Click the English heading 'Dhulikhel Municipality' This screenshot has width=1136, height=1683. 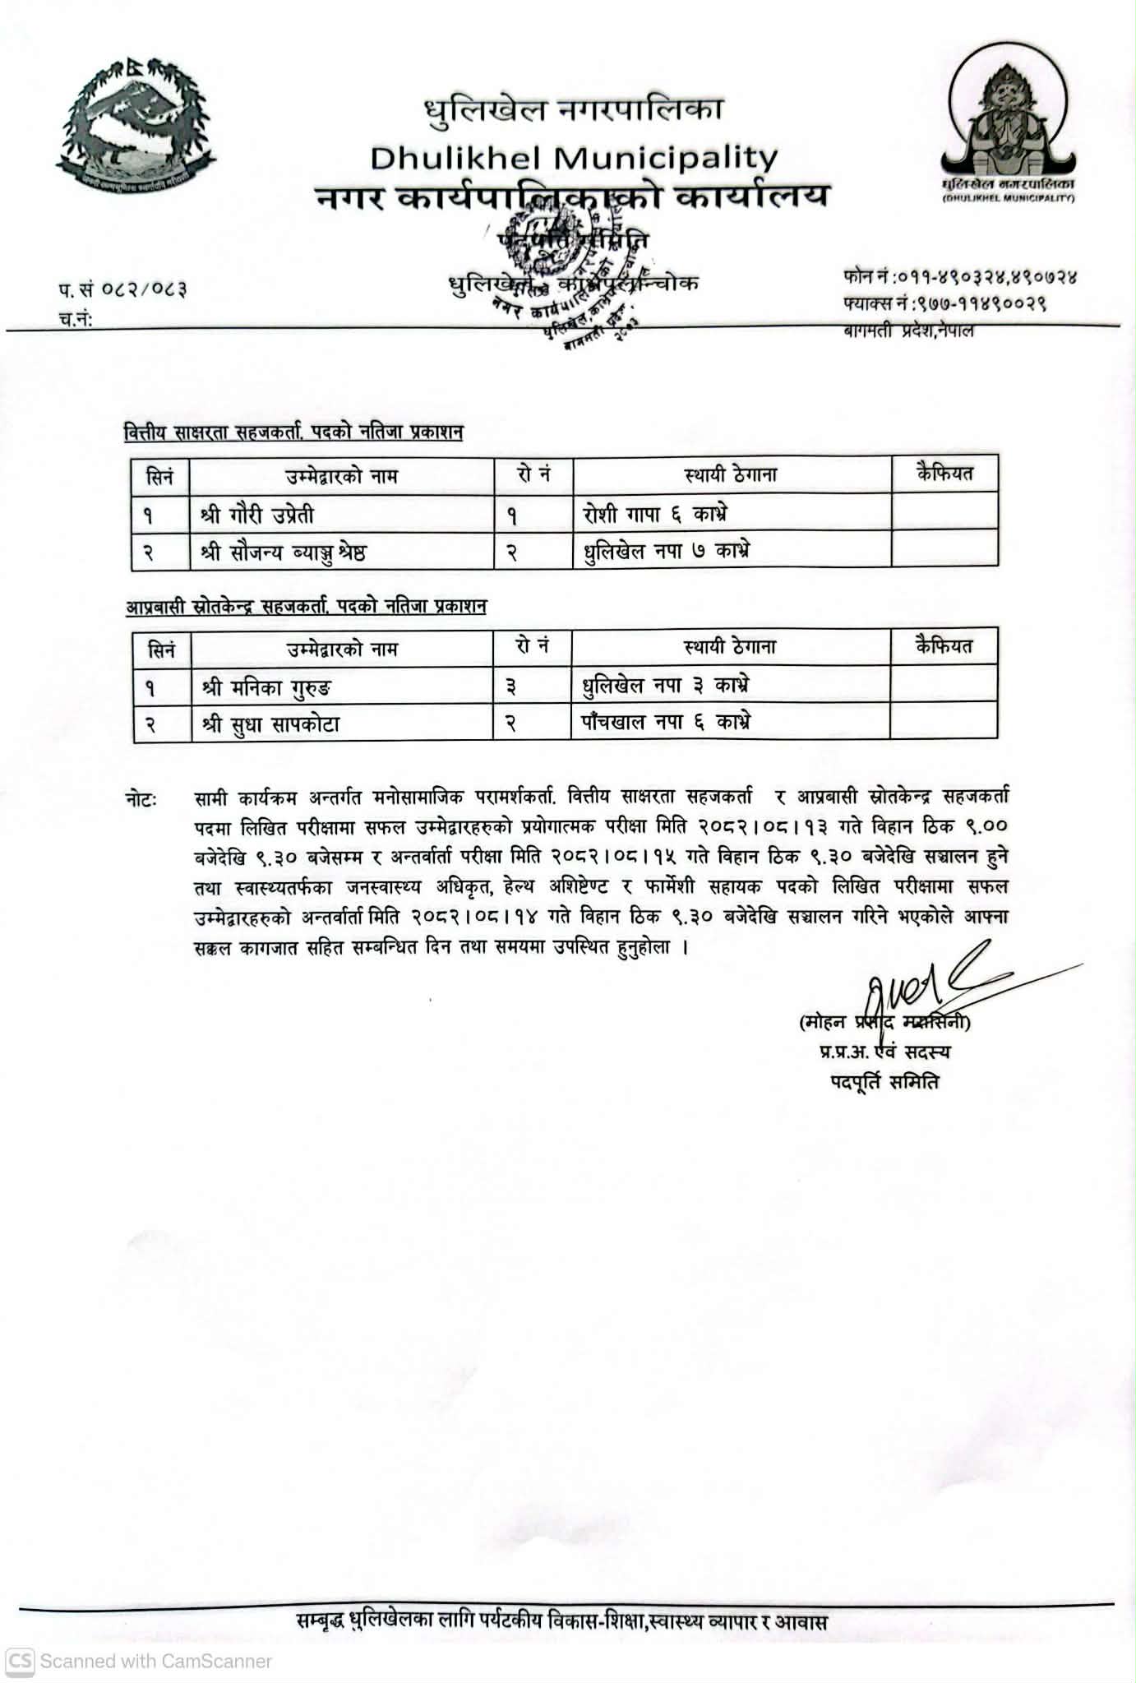(573, 156)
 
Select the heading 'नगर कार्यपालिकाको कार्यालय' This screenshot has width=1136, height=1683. (573, 197)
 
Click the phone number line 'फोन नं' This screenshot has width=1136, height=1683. (959, 277)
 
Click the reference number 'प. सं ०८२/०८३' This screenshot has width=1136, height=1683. (122, 289)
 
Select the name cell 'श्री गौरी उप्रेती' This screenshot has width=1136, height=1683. (257, 516)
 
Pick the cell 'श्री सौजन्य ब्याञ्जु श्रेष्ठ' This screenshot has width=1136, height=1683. (284, 552)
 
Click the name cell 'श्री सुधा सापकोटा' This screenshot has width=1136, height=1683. (270, 724)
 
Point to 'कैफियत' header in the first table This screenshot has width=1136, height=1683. (944, 474)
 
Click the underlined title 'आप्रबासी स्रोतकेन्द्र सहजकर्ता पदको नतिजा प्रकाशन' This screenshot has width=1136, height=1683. (306, 607)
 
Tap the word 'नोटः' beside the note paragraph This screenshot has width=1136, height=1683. (141, 799)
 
